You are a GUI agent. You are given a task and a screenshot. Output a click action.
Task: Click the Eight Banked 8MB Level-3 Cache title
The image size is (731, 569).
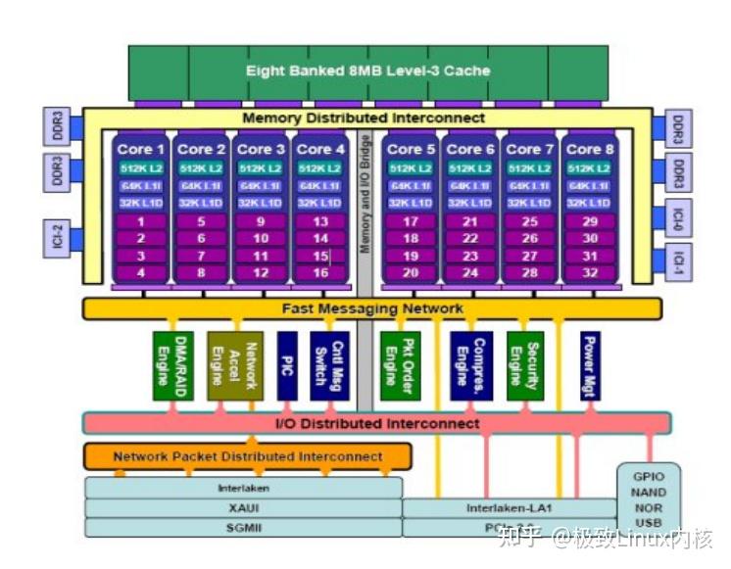coord(367,71)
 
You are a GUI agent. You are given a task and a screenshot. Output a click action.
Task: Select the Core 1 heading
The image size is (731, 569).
coord(140,149)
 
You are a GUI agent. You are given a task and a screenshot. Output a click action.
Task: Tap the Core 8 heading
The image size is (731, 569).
coord(589,149)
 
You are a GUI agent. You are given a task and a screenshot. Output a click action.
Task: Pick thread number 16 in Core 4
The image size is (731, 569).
coord(319,273)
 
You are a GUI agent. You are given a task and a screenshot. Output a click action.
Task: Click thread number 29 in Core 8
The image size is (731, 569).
coord(589,221)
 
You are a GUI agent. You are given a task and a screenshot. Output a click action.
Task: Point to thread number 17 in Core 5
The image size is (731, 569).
coord(411,221)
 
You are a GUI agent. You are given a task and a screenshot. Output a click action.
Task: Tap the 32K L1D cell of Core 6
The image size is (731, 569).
coord(469,203)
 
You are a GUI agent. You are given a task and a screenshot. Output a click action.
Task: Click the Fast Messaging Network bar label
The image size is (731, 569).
coord(372,308)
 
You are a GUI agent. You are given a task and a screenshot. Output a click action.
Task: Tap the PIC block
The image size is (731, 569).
coord(286,365)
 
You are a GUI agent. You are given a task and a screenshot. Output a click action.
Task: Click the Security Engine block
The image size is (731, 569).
coord(524,365)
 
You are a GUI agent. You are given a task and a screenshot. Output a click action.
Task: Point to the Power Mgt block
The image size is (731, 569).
coord(590,365)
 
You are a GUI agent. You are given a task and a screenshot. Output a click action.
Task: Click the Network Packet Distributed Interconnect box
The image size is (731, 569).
coord(247,456)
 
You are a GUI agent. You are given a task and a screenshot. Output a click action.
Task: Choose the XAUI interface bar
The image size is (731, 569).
coord(243,507)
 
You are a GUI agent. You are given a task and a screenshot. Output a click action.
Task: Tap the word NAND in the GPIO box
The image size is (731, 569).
coord(649,493)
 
